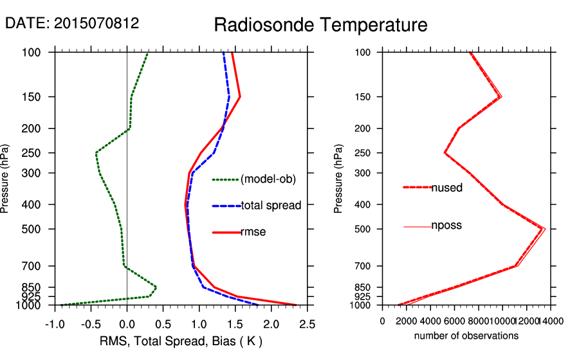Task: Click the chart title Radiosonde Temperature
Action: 320,25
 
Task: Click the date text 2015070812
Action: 72,24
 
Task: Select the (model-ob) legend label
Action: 268,179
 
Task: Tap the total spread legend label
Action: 271,206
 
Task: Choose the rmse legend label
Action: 253,231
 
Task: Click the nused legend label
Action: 446,188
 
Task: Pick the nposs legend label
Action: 446,226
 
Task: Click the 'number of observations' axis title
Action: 466,336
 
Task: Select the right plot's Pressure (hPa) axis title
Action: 339,179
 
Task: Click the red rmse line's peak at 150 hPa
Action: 240,97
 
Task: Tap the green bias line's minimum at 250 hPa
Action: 96,153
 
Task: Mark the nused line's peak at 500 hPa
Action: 543,229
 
